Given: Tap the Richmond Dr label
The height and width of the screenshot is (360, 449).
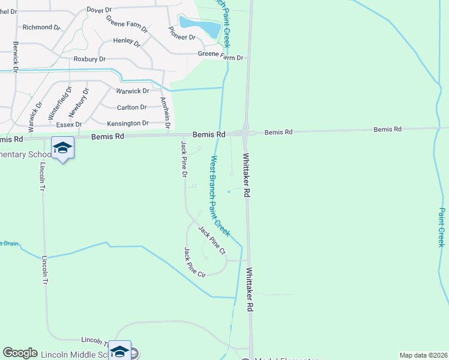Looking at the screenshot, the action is pos(41,27).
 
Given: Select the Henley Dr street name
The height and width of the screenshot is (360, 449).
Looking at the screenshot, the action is pos(127,42).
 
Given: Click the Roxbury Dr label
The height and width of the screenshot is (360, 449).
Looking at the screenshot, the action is pos(89,59).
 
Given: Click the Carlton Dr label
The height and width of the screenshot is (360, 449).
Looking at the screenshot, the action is pos(132,107).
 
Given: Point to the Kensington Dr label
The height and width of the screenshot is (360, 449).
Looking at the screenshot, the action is pos(127,123).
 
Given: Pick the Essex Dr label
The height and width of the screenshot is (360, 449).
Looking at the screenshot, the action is pos(68,124).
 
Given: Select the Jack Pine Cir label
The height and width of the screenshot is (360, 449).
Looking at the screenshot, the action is pos(194,262).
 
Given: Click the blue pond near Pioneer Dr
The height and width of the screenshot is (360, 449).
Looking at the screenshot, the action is pos(200,26).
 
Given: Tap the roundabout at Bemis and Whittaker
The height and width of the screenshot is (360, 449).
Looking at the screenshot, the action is pos(246,133).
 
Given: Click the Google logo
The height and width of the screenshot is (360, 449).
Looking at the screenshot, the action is pos(20,353).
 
